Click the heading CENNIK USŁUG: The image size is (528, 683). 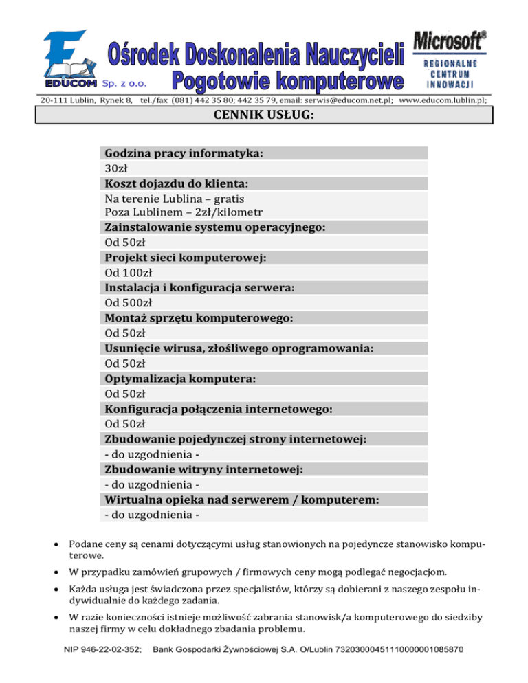(x=265, y=116)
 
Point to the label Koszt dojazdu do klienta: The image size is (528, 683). (x=177, y=183)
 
